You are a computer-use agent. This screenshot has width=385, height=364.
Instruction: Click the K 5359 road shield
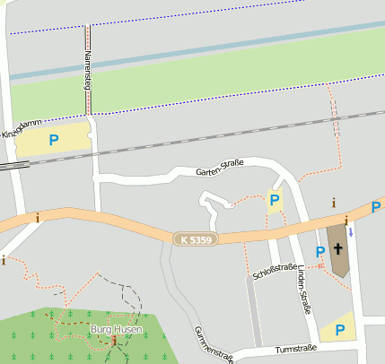point(197,239)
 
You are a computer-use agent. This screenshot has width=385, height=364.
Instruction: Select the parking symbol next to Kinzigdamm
point(54,140)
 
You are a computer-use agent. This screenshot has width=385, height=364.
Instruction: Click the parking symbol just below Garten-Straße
point(275,200)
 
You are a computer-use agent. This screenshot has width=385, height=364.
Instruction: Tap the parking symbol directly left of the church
point(319,253)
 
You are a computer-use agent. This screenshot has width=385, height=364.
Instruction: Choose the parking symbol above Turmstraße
point(339,330)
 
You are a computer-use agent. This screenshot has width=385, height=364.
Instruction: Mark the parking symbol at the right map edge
point(376,208)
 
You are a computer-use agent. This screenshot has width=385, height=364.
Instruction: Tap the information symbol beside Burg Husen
point(115,341)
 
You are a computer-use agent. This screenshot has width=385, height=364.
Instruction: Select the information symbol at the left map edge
point(4,260)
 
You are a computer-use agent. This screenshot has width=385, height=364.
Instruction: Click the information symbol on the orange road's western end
point(38,216)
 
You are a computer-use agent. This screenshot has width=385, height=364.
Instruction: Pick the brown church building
point(339,249)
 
